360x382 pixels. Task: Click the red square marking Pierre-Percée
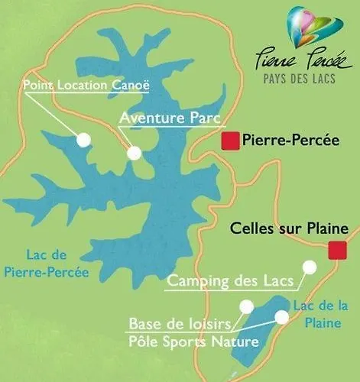[x=229, y=141]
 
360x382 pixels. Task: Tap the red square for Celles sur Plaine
[x=335, y=249]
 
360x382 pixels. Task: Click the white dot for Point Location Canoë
[x=83, y=139]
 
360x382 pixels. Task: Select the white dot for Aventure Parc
[x=135, y=153]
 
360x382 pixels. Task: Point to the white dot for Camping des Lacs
[x=309, y=267]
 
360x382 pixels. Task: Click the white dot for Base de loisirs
[x=246, y=306]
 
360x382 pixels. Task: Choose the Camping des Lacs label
[x=230, y=281]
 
